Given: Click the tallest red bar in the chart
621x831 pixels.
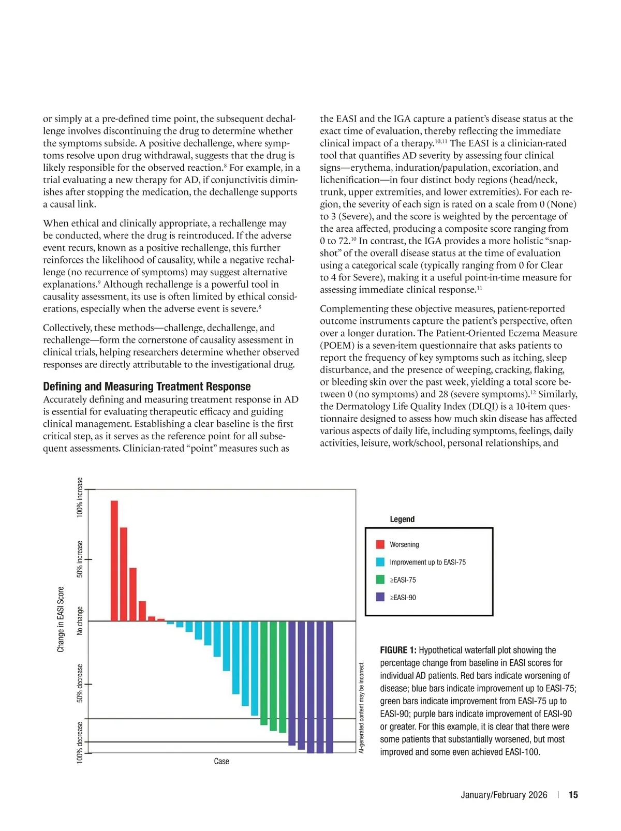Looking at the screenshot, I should coord(114,560).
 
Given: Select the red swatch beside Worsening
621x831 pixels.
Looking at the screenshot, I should coord(380,544).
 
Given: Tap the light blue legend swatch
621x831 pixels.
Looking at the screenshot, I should coord(380,562).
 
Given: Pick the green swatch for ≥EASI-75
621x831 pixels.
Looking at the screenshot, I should coord(380,580).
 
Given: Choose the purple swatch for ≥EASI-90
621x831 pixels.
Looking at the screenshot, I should coord(380,597).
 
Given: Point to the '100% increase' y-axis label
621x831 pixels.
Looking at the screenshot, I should coord(80,497).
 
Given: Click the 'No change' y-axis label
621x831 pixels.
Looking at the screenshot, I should coord(80,620).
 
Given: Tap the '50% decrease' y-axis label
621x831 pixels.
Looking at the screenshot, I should coord(80,683).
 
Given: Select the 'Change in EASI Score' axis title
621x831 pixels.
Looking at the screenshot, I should coord(61,619).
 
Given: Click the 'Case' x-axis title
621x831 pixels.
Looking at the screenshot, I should coord(221,761).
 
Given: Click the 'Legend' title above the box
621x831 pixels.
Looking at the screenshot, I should coord(402,519).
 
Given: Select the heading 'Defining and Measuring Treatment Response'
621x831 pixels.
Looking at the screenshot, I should coord(146,387).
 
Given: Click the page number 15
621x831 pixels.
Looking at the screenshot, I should coord(573,795).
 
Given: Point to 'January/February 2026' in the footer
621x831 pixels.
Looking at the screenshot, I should coord(504,795).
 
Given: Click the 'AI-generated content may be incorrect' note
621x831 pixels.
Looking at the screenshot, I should coord(362,707).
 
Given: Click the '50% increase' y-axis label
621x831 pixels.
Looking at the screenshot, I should coord(80,559).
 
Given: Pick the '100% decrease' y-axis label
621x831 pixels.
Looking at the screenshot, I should coord(80,743).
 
